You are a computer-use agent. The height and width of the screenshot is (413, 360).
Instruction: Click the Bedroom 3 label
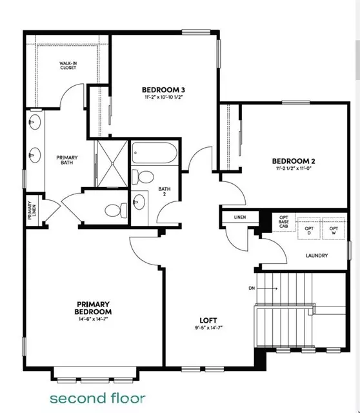163,90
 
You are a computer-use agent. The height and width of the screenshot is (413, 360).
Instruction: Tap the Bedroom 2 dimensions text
294,168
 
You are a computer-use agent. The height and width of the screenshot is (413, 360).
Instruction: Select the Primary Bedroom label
93,308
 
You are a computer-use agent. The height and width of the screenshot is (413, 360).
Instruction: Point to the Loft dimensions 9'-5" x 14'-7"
208,328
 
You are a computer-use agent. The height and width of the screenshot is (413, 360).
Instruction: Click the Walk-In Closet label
68,65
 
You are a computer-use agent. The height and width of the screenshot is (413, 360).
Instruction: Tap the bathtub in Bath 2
154,153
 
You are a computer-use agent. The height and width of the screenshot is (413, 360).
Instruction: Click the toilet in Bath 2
143,177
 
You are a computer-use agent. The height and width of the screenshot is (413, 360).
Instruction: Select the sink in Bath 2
139,202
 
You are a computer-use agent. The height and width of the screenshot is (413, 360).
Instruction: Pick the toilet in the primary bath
116,210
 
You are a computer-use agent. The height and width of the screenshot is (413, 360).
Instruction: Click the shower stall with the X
112,163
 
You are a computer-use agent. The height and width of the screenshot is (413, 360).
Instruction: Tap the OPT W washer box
334,228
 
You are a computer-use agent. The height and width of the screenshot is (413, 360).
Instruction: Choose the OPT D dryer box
309,228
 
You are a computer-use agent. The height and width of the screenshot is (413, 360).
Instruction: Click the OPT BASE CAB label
284,222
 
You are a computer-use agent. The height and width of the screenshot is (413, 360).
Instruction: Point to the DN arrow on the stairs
267,288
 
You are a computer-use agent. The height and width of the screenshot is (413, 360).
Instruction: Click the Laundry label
317,256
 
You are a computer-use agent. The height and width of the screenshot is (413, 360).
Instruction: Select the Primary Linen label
32,210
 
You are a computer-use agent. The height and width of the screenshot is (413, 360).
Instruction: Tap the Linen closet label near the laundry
240,217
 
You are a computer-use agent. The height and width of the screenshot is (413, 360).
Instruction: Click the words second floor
97,398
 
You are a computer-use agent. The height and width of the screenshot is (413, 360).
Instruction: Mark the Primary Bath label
67,160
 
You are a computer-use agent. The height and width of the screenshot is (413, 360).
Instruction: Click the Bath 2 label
165,192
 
